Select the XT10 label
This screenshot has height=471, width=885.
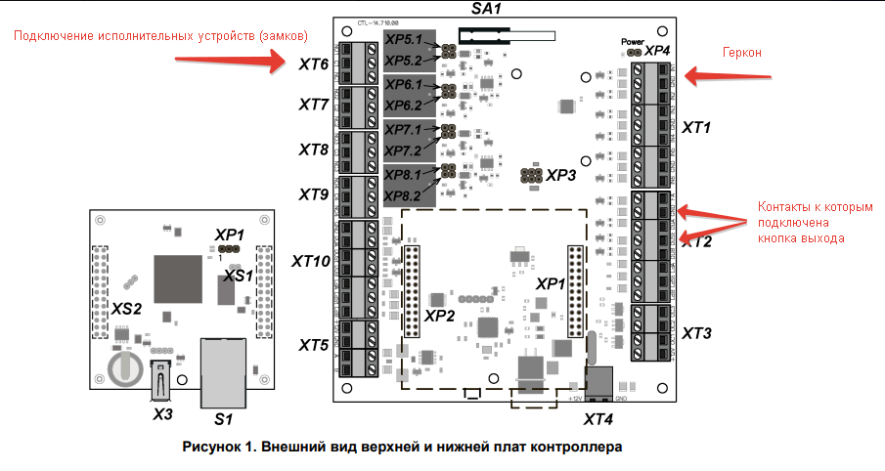311,262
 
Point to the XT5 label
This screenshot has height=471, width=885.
313,345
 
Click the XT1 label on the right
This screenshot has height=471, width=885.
696,127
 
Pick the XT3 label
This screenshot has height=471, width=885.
696,334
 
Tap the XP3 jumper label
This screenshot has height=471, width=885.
561,176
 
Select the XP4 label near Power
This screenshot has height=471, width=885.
657,50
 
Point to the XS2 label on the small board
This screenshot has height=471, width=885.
126,309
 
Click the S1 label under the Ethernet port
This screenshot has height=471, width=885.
223,419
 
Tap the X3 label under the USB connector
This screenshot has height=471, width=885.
162,414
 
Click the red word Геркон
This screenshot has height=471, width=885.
741,52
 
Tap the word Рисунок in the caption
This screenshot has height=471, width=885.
213,448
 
